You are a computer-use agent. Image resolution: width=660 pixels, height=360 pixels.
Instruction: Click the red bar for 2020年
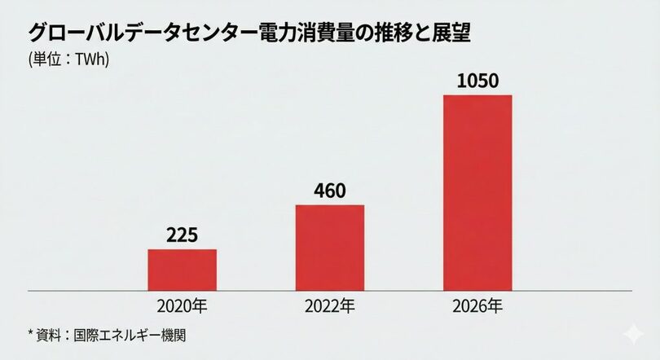click(x=182, y=269)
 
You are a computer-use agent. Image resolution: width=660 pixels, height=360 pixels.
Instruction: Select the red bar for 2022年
click(x=329, y=247)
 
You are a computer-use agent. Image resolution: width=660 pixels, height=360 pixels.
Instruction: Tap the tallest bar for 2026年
click(x=477, y=192)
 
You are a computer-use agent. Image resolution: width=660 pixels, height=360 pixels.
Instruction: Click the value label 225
click(x=182, y=235)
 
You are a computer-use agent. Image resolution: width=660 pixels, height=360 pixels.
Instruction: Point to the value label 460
click(x=329, y=191)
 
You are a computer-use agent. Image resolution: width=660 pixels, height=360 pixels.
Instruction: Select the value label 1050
click(x=477, y=81)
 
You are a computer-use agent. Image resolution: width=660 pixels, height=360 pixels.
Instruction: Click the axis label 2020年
click(x=182, y=307)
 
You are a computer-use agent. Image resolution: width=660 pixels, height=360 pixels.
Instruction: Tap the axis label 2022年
click(x=329, y=307)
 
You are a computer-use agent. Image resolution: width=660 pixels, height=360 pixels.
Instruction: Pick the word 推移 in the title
click(x=388, y=34)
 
